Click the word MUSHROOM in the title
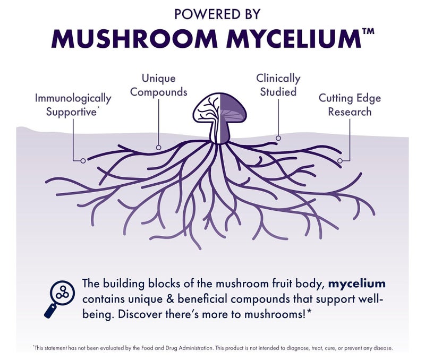tap(134, 38)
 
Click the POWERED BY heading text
tap(217, 14)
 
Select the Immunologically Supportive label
tap(73, 105)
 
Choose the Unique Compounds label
tap(158, 85)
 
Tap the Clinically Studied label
tap(278, 85)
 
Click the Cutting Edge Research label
tap(350, 105)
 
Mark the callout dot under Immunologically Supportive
tap(83, 161)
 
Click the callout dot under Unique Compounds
tap(159, 148)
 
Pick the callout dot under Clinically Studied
tap(278, 138)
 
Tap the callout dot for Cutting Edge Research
tap(340, 161)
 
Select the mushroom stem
tap(220, 131)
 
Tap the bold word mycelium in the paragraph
tap(356, 284)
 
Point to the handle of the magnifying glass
tap(50, 311)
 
